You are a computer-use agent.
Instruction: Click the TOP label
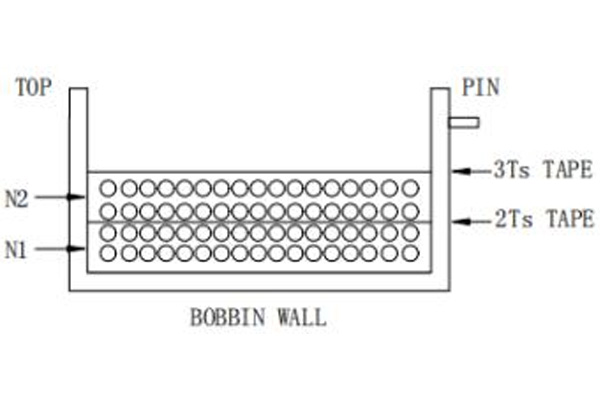tap(33, 87)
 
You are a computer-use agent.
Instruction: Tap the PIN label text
tap(481, 87)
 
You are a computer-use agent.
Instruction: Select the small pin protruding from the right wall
tap(464, 122)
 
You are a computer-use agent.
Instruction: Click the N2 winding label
tap(16, 199)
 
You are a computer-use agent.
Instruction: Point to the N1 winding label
tap(16, 250)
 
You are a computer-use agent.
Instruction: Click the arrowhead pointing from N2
tap(76, 198)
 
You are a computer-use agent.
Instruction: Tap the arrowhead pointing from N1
tap(76, 249)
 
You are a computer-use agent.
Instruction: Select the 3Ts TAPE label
tap(543, 170)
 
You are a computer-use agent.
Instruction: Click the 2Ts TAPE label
tap(545, 219)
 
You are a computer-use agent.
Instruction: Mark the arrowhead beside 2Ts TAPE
tap(461, 221)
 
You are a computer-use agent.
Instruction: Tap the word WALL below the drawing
tap(302, 317)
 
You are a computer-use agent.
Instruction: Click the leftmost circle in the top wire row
tap(108, 188)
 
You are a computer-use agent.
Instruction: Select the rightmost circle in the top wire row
tap(411, 188)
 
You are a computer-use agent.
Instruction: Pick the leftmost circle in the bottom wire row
tap(108, 253)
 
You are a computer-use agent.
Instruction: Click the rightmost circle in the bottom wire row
tap(411, 253)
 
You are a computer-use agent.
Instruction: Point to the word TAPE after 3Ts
tap(568, 170)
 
